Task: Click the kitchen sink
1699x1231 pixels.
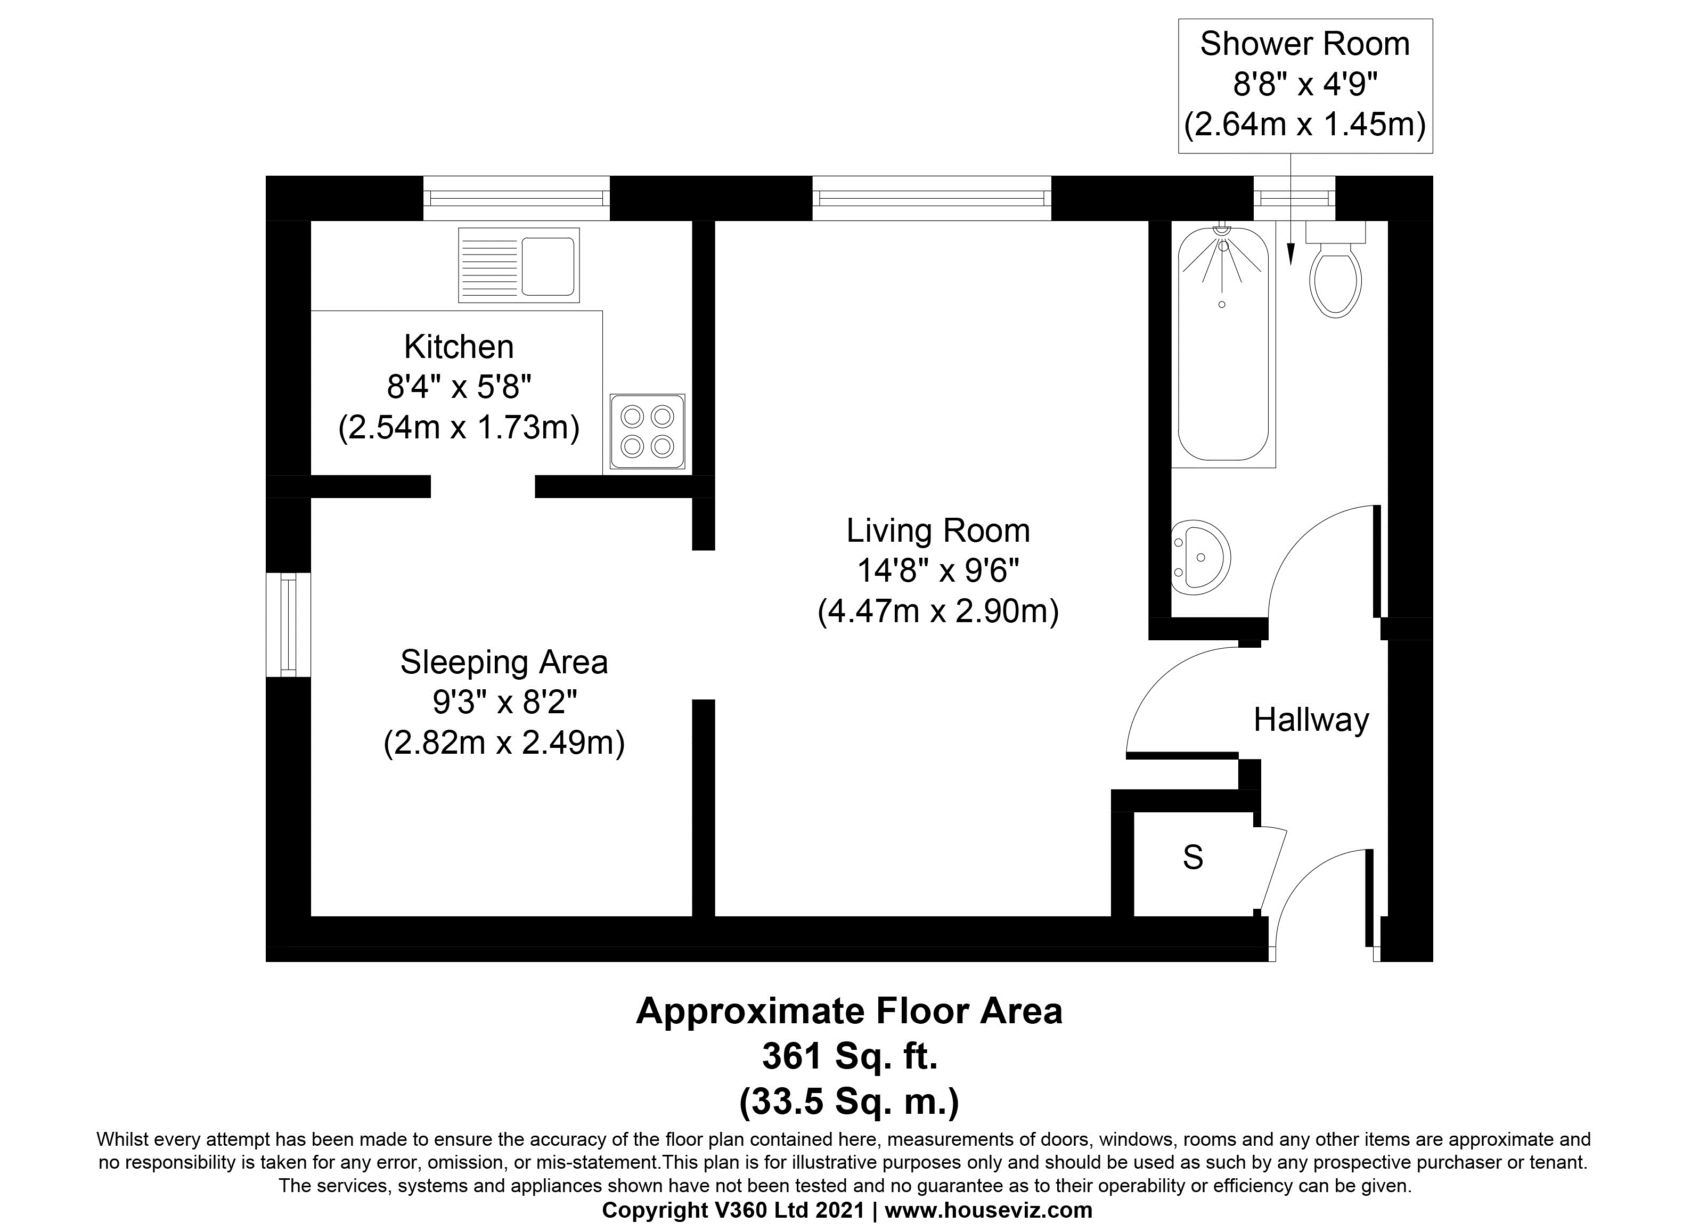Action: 518,265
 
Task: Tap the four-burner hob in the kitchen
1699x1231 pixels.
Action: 647,431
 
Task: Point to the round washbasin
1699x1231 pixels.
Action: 1200,557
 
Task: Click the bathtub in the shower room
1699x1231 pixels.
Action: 1223,345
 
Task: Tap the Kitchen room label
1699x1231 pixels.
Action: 459,347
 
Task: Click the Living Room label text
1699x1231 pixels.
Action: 938,531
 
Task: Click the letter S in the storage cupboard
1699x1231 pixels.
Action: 1192,857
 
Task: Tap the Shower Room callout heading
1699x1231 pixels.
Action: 1305,44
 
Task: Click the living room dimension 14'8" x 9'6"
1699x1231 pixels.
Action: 938,572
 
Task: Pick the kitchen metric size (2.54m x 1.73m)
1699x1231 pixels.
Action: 459,428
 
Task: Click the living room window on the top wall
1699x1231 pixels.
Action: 932,198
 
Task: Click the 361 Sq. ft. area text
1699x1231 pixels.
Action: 849,1056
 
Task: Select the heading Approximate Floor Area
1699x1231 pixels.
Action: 849,1012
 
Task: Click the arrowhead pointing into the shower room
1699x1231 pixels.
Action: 1290,256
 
